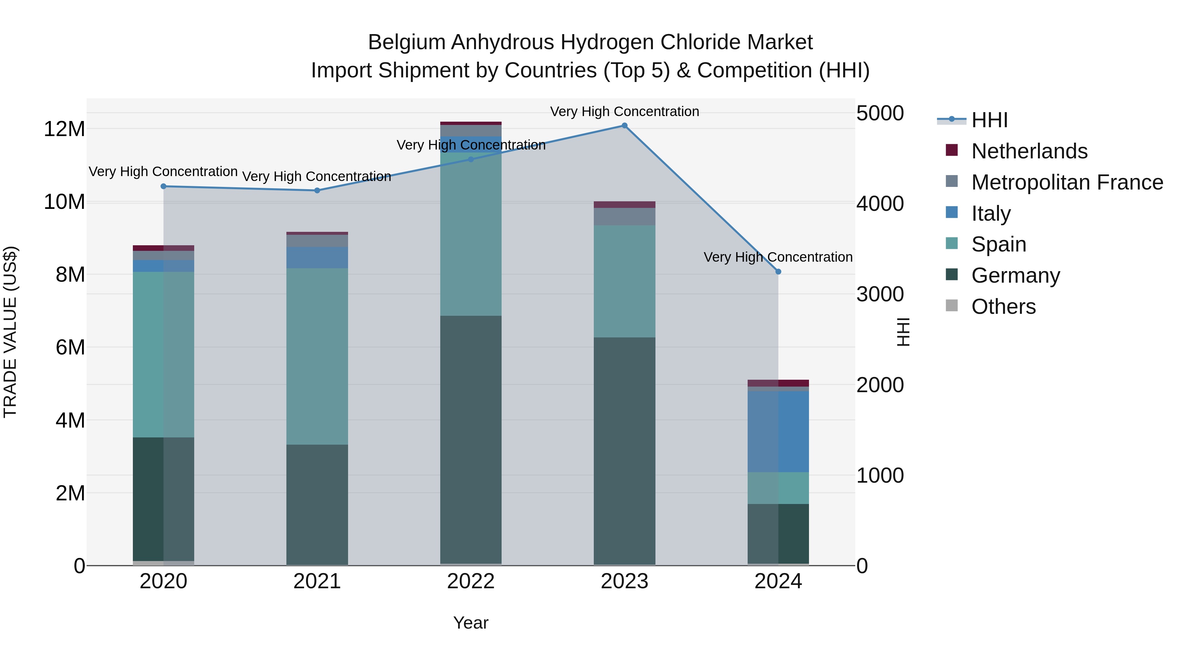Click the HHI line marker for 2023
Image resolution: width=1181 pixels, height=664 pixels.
(x=624, y=126)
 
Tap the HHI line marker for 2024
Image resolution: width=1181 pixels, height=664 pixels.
(x=778, y=272)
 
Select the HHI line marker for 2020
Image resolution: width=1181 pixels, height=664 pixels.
(x=164, y=187)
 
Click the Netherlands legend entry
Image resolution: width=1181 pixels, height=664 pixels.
(x=1029, y=151)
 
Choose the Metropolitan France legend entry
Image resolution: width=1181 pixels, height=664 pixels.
(x=1067, y=182)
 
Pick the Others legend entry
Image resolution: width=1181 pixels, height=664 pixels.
(x=1003, y=307)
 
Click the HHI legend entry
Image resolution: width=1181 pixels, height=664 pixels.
(x=989, y=120)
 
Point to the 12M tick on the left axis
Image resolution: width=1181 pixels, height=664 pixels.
(x=64, y=129)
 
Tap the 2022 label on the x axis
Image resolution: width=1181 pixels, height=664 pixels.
(x=471, y=581)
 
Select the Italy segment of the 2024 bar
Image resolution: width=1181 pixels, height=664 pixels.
(x=778, y=431)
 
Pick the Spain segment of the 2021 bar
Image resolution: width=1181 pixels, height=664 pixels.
(x=317, y=356)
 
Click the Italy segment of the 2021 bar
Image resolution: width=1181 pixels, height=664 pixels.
(x=317, y=257)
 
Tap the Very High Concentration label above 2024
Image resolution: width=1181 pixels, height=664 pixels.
(x=778, y=257)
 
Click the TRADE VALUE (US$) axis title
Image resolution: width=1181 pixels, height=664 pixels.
(x=10, y=332)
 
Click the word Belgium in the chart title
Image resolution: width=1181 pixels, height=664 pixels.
(x=407, y=43)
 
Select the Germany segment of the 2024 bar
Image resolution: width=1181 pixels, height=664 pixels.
(x=778, y=534)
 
